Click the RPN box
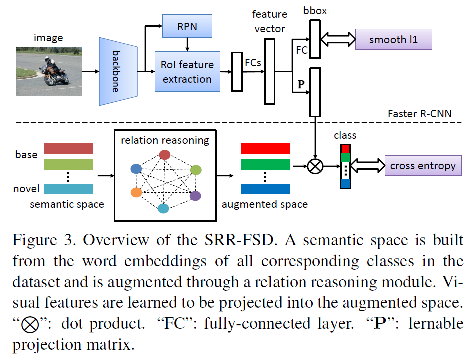click(x=187, y=26)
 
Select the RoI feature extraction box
click(x=187, y=71)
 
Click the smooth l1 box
click(x=393, y=39)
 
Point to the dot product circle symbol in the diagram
click(x=315, y=166)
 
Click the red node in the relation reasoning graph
click(x=165, y=155)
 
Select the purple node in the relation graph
click(x=196, y=196)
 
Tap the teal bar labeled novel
click(x=68, y=189)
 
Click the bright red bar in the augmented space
click(x=265, y=148)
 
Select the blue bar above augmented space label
click(x=265, y=189)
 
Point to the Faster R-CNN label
click(x=419, y=114)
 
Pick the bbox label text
click(x=315, y=10)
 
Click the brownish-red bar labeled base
click(x=68, y=148)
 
